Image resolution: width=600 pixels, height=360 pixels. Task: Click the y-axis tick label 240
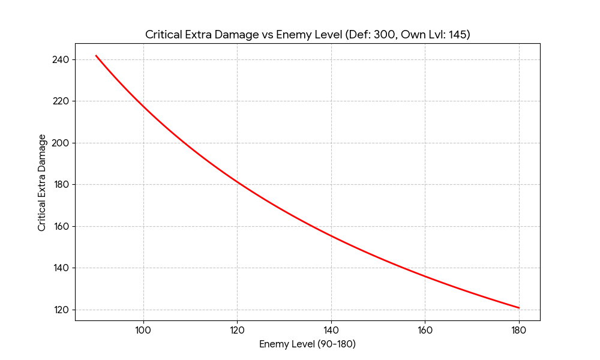[61, 59]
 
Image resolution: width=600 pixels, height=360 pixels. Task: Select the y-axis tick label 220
[61, 101]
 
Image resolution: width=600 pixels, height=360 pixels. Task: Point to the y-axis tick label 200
[61, 143]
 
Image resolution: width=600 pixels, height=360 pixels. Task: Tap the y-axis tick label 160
[61, 226]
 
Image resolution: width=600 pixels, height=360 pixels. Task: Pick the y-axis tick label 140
[61, 268]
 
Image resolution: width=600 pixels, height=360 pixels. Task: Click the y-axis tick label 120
[61, 310]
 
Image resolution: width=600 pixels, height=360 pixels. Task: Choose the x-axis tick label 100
[143, 330]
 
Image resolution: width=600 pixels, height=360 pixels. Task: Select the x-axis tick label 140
[331, 330]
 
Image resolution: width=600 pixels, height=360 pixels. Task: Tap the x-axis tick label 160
[425, 330]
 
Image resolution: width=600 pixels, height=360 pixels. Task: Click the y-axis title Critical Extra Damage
[42, 183]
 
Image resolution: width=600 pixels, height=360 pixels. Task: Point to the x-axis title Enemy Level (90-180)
[308, 344]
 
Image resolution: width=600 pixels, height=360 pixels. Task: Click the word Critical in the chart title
[163, 35]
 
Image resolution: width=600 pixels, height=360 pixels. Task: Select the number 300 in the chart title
[383, 35]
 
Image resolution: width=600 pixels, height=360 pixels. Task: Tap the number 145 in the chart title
[458, 35]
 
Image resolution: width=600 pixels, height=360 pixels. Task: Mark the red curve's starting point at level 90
[96, 55]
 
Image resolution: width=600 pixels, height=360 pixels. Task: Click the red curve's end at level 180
[519, 308]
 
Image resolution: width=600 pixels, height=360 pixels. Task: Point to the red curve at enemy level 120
[237, 183]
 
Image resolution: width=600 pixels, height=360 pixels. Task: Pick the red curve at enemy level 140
[331, 236]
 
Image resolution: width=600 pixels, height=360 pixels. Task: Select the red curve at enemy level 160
[425, 277]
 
